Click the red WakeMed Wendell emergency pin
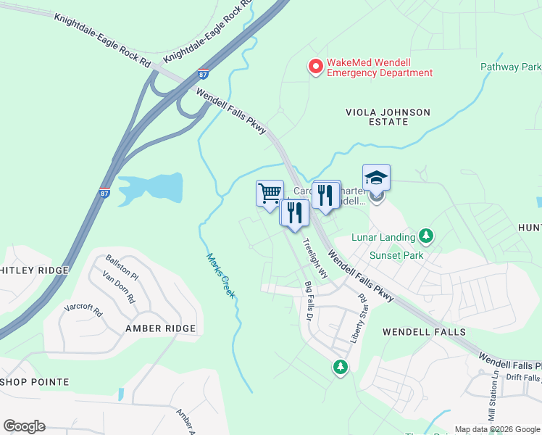[x=316, y=67]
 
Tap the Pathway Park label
[x=511, y=67]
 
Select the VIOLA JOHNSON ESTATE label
[x=388, y=117]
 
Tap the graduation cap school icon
[x=376, y=178]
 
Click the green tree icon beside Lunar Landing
[x=427, y=236]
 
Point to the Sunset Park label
[x=395, y=255]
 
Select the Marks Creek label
[x=220, y=275]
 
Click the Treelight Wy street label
[x=314, y=258]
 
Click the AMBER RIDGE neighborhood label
[x=160, y=328]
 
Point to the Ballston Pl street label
[x=122, y=267]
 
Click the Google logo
[x=24, y=426]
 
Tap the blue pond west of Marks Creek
[x=149, y=187]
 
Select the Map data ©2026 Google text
[x=496, y=429]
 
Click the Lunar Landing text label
[x=383, y=237]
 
